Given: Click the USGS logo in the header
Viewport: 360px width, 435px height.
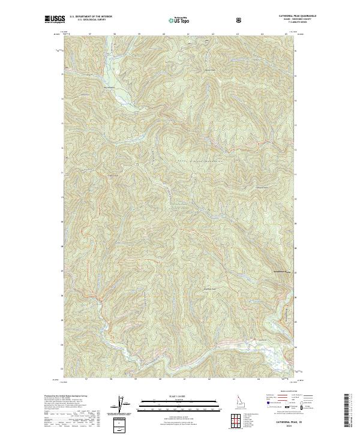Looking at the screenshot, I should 55,19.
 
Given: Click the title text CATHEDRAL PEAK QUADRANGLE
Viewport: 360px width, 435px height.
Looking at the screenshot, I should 276,16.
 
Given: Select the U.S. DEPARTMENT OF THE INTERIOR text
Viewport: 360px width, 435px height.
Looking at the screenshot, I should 91,17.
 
